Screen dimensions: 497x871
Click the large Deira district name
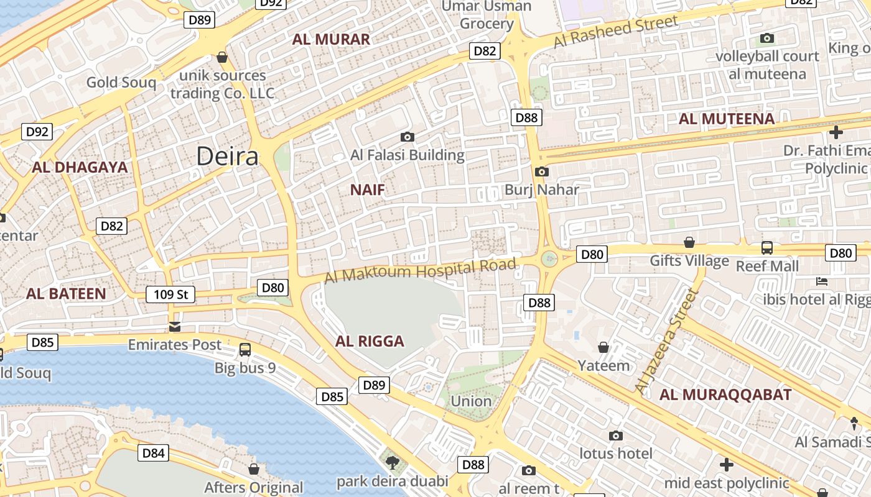pos(227,156)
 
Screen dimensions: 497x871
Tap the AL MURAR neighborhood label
pos(331,39)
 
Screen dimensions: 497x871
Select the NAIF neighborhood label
pos(367,190)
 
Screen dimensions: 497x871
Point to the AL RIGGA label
pos(370,341)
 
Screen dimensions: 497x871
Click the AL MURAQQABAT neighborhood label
pos(725,394)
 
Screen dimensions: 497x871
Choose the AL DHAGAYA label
pos(80,167)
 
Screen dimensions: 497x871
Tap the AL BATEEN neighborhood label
pos(66,294)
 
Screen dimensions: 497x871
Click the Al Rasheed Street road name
pos(615,32)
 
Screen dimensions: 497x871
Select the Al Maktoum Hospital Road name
pos(421,271)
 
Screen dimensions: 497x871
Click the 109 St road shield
pos(170,294)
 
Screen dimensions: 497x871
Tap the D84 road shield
pos(153,453)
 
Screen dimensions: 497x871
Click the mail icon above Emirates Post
pos(175,327)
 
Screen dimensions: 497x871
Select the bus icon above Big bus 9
pos(245,350)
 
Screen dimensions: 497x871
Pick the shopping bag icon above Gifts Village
pos(689,242)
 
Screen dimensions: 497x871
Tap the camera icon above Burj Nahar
pos(541,172)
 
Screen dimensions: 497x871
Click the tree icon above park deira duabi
pos(392,462)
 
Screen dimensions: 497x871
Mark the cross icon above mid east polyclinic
pos(726,464)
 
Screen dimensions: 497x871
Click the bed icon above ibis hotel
pos(821,281)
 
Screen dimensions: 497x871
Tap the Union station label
pos(471,401)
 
